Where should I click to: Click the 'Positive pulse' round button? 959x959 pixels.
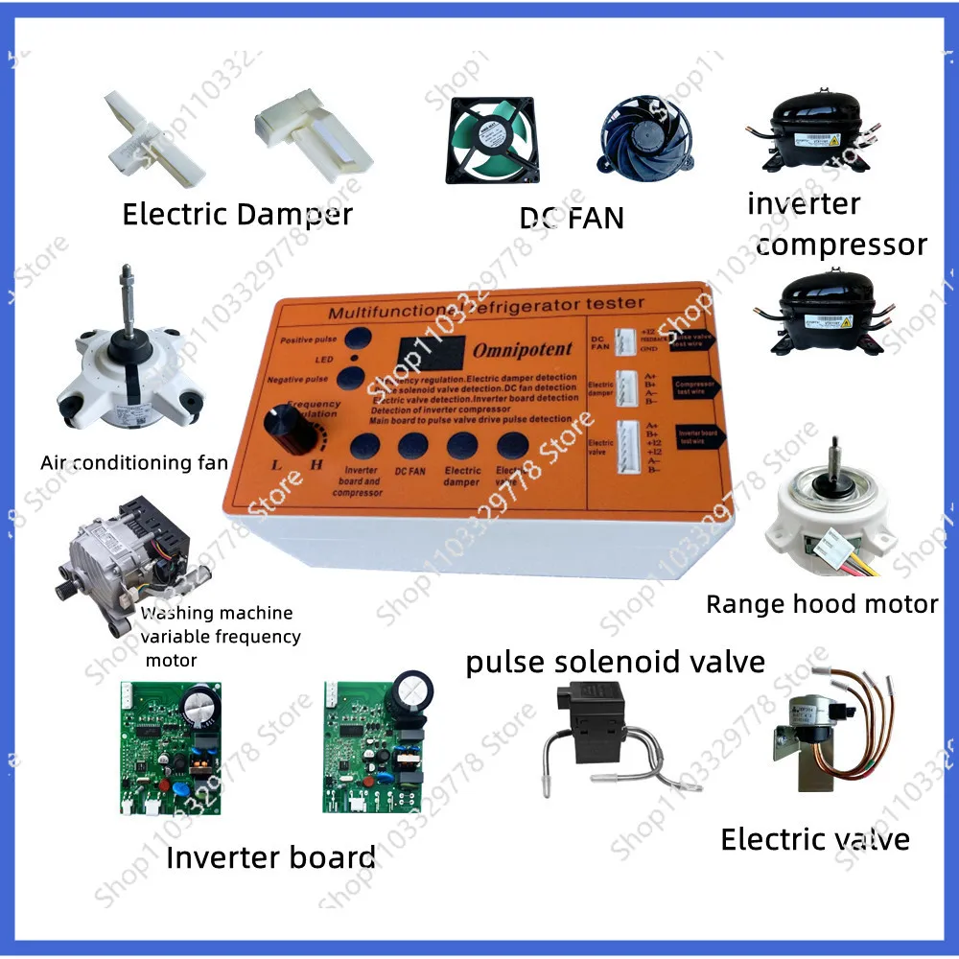[359, 339]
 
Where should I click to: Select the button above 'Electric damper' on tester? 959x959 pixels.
[462, 445]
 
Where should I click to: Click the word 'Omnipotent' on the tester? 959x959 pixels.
[522, 350]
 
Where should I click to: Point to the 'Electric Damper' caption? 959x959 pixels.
[237, 214]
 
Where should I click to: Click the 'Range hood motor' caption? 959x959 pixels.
[822, 604]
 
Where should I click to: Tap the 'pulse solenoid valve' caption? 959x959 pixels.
[615, 662]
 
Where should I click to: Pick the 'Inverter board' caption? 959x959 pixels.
[270, 856]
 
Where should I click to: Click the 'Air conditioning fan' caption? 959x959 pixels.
[134, 463]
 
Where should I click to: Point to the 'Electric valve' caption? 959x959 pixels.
[815, 839]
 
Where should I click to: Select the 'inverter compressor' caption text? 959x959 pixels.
[834, 224]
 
